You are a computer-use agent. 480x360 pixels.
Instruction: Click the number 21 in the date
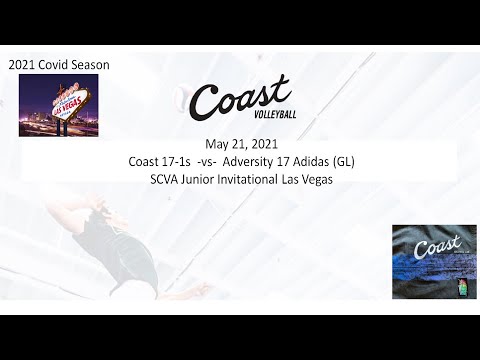pos(238,143)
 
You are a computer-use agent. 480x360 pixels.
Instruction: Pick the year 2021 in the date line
pos(264,143)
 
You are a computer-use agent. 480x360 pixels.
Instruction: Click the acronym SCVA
pos(163,179)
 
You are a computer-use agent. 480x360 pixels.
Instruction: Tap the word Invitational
pos(257,179)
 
